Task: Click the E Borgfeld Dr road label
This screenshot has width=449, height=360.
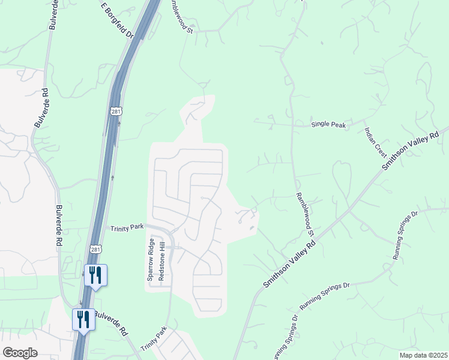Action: [x=117, y=20]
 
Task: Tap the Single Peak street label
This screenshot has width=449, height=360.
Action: [x=328, y=125]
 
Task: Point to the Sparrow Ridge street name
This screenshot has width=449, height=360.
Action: [x=151, y=262]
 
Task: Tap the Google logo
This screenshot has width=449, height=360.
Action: [x=19, y=353]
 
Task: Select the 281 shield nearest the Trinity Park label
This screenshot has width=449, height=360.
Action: [x=96, y=248]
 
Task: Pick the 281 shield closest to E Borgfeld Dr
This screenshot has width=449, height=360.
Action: [x=116, y=112]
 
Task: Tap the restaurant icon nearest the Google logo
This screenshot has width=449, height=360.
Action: [x=83, y=319]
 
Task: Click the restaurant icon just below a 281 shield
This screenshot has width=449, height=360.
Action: [x=96, y=275]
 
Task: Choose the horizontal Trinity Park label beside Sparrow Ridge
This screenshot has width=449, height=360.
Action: [x=127, y=227]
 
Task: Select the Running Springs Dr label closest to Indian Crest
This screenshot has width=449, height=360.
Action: [x=405, y=235]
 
